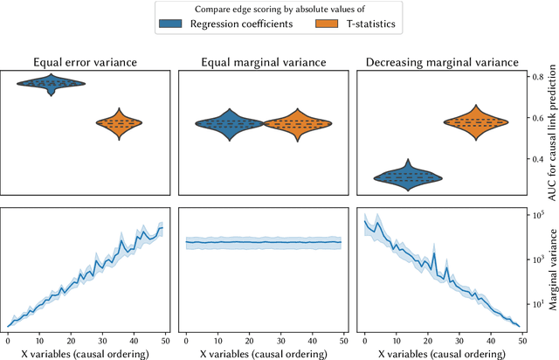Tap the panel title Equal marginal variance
coord(263,62)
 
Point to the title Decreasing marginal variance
coord(438,62)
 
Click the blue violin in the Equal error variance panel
coord(51,84)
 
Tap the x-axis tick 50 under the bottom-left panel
coord(164,340)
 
